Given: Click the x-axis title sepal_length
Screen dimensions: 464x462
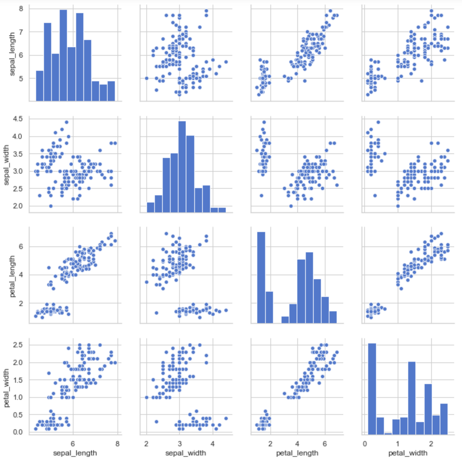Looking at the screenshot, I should (75, 453).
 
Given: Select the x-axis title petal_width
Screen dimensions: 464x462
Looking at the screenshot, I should (408, 453).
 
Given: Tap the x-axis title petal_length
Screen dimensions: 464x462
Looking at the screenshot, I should (297, 453).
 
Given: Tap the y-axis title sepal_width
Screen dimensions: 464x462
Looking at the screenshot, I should (6, 165).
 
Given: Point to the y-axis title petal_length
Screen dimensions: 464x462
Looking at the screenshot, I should (12, 276).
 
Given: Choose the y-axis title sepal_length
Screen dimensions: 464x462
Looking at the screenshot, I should (12, 54).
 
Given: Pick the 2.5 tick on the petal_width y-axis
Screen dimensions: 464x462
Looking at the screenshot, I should (18, 345).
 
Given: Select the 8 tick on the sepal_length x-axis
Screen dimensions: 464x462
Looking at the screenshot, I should (117, 444).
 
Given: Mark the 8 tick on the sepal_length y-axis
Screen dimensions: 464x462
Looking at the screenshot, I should (21, 9).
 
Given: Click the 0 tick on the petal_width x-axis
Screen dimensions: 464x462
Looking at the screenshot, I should (365, 444).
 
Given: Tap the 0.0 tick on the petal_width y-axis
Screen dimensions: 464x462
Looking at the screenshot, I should (18, 432).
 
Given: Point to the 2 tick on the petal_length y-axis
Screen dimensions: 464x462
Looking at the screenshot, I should (21, 303).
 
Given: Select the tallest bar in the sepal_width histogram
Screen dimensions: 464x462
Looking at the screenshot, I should (182, 167).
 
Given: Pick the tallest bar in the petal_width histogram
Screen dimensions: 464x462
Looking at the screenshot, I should (372, 389).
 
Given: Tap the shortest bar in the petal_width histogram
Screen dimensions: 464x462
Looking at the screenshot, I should (388, 434).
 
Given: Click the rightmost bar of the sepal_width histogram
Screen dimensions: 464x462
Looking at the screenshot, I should (222, 210).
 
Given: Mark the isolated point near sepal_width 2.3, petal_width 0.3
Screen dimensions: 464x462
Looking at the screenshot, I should (157, 422).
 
